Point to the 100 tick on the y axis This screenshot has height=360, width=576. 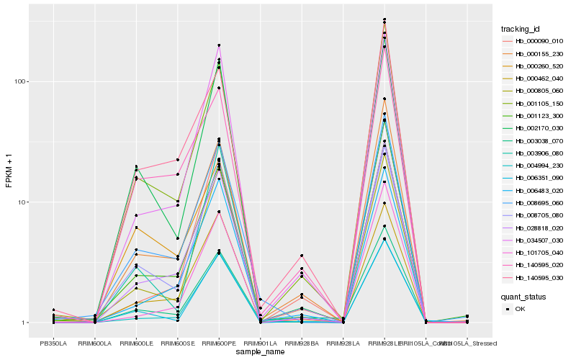click(20, 81)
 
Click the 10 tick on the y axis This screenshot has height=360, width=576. click(22, 202)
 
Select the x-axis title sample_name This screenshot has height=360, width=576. click(260, 351)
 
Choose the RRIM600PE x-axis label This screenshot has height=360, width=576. click(219, 343)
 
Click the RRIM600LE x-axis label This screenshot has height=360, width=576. click(136, 343)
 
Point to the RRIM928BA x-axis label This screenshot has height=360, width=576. click(302, 343)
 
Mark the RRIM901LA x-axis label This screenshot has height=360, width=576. click(260, 343)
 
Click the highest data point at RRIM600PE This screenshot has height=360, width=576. click(219, 45)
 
